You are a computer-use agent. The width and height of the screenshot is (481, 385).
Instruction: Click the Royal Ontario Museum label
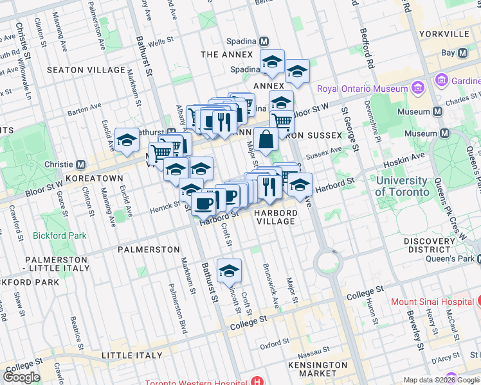pyautogui.click(x=363, y=89)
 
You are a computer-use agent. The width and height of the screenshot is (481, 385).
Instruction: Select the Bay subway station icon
pyautogui.click(x=462, y=53)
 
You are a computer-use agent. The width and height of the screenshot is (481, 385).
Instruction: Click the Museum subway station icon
pyautogui.click(x=438, y=112)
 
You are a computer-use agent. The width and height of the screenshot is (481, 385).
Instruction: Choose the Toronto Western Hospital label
pyautogui.click(x=196, y=383)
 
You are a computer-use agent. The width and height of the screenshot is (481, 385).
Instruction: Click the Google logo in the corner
pyautogui.click(x=21, y=377)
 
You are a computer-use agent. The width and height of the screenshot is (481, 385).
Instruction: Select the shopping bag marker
pyautogui.click(x=266, y=139)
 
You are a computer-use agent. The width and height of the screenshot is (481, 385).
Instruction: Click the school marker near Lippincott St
pyautogui.click(x=229, y=271)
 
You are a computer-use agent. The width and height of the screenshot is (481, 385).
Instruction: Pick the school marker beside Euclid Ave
pyautogui.click(x=127, y=141)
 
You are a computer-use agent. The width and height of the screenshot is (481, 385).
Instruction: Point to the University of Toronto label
pyautogui.click(x=402, y=186)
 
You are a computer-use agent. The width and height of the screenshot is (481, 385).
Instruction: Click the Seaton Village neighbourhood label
pyautogui.click(x=86, y=70)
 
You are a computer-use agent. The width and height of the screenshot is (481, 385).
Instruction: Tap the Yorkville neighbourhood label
pyautogui.click(x=444, y=33)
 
